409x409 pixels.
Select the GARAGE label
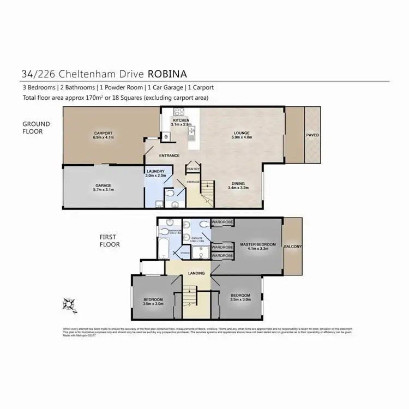tap(103, 185)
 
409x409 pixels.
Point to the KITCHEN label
tap(181, 120)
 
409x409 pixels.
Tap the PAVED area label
tap(312, 135)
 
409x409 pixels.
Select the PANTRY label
tap(193, 169)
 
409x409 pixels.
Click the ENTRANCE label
tap(169, 155)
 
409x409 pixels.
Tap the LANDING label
tap(196, 273)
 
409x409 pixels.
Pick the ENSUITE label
tap(195, 238)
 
